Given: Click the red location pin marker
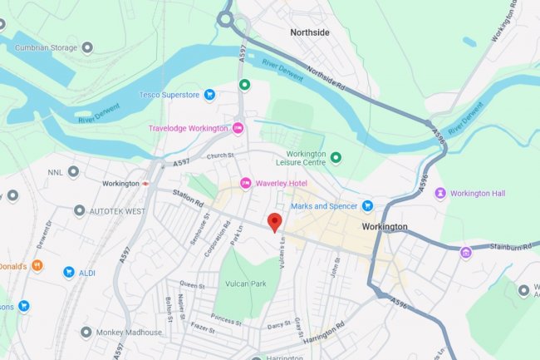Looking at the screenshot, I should tap(274, 222).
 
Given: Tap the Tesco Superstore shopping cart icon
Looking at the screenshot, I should tap(210, 95).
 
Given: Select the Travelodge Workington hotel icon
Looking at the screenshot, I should tap(238, 128).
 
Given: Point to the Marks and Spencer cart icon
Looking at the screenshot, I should tap(366, 205).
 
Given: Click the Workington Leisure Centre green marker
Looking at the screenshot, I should tap(336, 157).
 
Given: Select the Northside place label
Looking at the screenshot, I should tap(310, 32).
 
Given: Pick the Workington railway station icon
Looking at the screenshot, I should tap(145, 183).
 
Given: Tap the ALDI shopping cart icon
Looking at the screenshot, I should tap(69, 272).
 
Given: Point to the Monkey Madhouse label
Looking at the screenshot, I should tap(129, 332).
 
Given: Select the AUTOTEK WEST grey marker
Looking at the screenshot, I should tap(79, 211).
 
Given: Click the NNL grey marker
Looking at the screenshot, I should tap(73, 172).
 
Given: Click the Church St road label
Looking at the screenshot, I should tap(222, 155).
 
